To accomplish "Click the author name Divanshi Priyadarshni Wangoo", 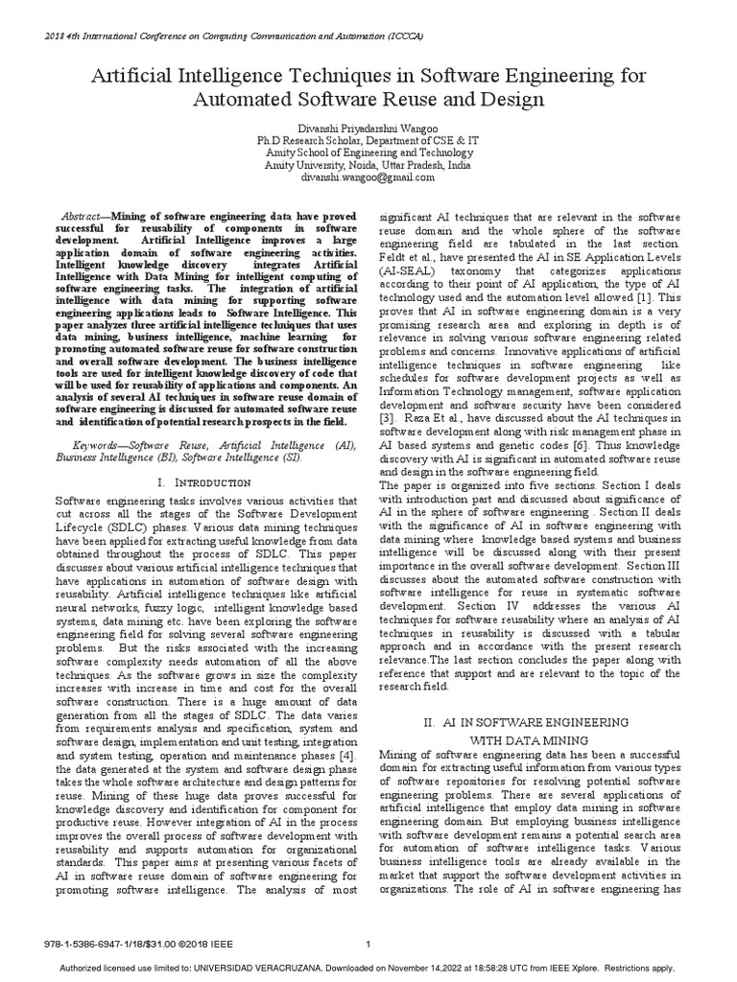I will click(368, 126).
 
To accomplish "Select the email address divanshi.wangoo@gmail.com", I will click(368, 177).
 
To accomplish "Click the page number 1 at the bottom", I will click(368, 944).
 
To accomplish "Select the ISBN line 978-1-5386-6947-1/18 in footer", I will click(135, 945).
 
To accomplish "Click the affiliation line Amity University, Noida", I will click(368, 165).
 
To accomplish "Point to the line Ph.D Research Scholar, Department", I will click(368, 139).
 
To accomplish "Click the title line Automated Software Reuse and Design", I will click(368, 99).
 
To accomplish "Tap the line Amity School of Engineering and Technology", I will click(368, 152).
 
